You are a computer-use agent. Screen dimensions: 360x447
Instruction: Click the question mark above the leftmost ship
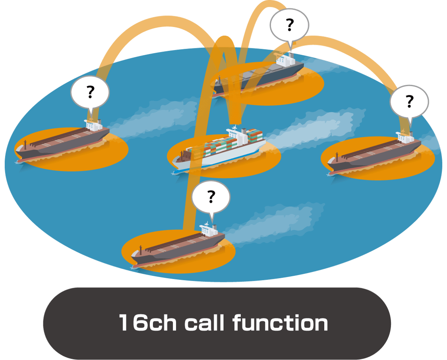point(90,92)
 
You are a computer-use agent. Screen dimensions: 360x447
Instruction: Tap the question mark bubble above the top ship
point(289,25)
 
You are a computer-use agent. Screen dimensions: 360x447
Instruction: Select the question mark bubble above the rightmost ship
point(409,102)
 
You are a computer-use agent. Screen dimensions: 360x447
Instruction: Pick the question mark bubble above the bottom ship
point(211,196)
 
